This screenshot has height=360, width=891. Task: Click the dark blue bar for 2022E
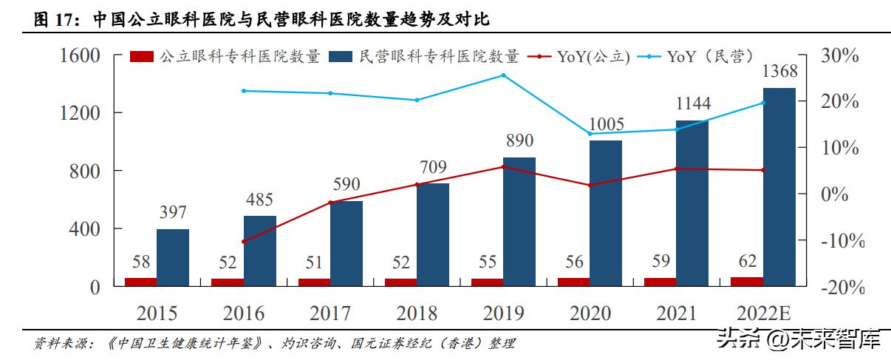(x=779, y=186)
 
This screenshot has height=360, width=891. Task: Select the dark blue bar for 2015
(x=172, y=257)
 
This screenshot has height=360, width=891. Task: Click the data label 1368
(x=779, y=72)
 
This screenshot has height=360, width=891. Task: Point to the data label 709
(x=432, y=168)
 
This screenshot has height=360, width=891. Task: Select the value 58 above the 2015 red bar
(x=140, y=262)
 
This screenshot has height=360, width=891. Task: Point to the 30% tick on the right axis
(x=839, y=55)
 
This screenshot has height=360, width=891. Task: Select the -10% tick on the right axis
(x=839, y=241)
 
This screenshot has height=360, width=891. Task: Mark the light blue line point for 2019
(x=503, y=75)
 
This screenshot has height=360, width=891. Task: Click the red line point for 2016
(x=243, y=242)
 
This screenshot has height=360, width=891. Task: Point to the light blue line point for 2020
(x=590, y=134)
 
